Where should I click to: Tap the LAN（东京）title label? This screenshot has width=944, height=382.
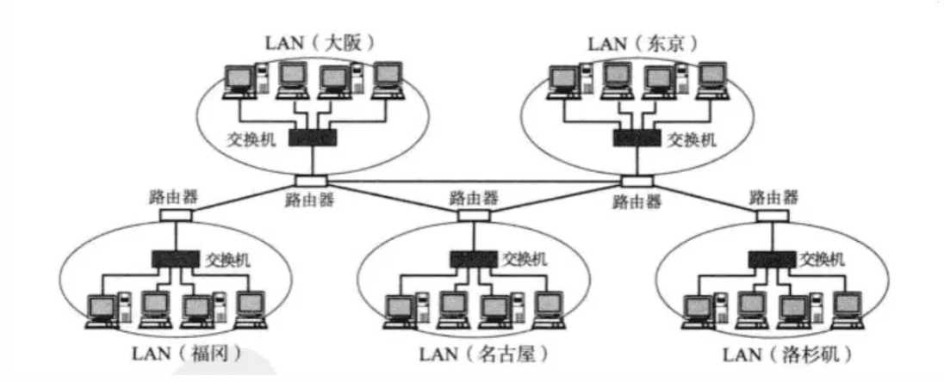pyautogui.click(x=642, y=42)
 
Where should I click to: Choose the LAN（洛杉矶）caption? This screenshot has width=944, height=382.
pyautogui.click(x=781, y=353)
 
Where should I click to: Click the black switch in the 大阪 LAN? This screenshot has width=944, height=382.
pyautogui.click(x=312, y=138)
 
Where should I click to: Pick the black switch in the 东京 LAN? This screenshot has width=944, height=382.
pyautogui.click(x=637, y=138)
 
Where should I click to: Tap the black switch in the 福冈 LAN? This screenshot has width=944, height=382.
pyautogui.click(x=176, y=256)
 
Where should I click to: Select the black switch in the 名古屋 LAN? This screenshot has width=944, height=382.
pyautogui.click(x=472, y=256)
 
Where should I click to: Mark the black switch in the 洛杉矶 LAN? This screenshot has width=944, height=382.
pyautogui.click(x=772, y=256)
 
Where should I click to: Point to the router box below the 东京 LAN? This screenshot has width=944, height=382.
pyautogui.click(x=637, y=181)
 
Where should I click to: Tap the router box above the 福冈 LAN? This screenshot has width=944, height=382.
pyautogui.click(x=175, y=215)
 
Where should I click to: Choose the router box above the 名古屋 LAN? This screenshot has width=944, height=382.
pyautogui.click(x=472, y=215)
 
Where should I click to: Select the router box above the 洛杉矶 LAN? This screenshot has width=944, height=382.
pyautogui.click(x=771, y=215)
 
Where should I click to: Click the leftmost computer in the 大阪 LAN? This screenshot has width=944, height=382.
pyautogui.click(x=237, y=80)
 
